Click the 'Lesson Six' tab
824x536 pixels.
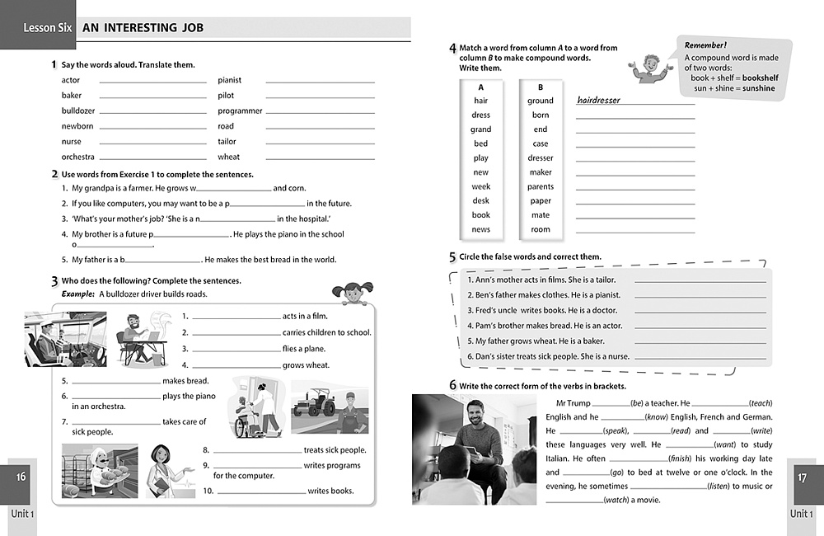48,28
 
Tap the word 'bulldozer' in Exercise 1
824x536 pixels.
78,110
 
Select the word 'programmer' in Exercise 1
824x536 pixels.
240,110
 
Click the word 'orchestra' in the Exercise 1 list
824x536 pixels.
78,157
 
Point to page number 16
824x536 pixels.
21,477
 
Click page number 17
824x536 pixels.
803,477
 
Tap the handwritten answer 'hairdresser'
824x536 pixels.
599,101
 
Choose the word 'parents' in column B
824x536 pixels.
541,186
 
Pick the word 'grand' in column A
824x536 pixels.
481,129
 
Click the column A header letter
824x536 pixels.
481,87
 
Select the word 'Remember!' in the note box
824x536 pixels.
705,45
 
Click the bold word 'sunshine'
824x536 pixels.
757,88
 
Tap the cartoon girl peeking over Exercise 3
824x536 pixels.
350,292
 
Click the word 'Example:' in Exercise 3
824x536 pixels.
77,294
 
